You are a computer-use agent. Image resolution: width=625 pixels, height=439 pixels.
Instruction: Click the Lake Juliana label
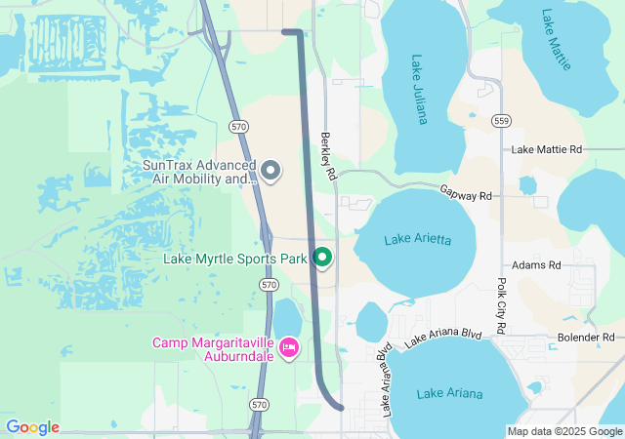[419, 90]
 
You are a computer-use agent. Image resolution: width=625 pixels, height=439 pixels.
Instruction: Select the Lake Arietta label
[417, 239]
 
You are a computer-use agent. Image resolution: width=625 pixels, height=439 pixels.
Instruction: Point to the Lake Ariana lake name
[449, 393]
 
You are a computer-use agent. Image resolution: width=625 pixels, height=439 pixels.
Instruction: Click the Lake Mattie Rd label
[546, 149]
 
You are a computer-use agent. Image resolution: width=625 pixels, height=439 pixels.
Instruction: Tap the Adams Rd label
[537, 265]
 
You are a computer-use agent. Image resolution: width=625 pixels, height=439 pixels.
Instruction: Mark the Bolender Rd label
[586, 338]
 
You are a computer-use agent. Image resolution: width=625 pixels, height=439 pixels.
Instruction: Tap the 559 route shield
[501, 121]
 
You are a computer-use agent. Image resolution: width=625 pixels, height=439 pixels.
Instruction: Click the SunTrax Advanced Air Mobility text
[199, 172]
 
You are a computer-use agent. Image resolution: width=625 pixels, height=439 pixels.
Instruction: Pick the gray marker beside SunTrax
[272, 172]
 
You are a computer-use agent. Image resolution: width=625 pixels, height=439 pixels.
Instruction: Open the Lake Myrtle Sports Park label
[234, 259]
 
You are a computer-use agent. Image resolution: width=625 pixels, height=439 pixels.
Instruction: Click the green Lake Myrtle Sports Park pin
[322, 259]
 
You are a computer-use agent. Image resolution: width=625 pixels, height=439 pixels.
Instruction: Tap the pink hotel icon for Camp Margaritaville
[289, 347]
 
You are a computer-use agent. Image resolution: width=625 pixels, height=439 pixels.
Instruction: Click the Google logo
[31, 427]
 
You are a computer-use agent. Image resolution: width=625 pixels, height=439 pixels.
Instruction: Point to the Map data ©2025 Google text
[564, 431]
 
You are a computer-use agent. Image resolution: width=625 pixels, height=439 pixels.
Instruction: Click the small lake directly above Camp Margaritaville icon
[287, 316]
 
